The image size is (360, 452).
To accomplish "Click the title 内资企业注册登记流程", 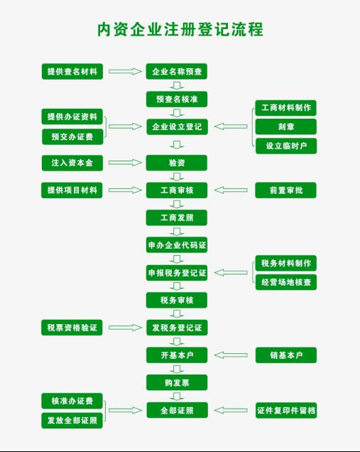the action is (180, 29).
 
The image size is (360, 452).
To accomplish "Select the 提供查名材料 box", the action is (72, 72).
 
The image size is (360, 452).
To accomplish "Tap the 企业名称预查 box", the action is (177, 72).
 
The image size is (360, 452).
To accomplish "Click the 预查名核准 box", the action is (177, 99).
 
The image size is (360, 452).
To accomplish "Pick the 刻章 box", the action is (286, 127).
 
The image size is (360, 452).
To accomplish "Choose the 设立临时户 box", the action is (286, 146).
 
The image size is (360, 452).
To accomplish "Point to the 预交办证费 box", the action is (72, 136).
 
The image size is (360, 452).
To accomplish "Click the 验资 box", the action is (177, 163).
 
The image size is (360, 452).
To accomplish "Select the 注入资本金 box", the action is (72, 163).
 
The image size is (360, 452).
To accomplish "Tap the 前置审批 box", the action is (285, 190).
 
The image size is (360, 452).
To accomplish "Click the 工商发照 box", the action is (177, 217).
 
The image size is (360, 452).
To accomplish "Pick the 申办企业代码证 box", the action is (177, 245).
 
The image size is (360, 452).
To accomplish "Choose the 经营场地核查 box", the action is (286, 282).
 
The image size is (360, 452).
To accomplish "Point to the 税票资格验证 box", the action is (72, 328).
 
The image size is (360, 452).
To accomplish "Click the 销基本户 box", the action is (286, 355).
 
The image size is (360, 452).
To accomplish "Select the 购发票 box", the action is (177, 382).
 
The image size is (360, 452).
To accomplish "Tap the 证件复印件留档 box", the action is (286, 410).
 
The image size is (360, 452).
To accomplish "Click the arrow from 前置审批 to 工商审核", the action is (231, 190).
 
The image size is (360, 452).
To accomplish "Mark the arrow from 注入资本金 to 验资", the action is (125, 163).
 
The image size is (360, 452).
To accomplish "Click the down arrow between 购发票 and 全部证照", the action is (177, 397).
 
